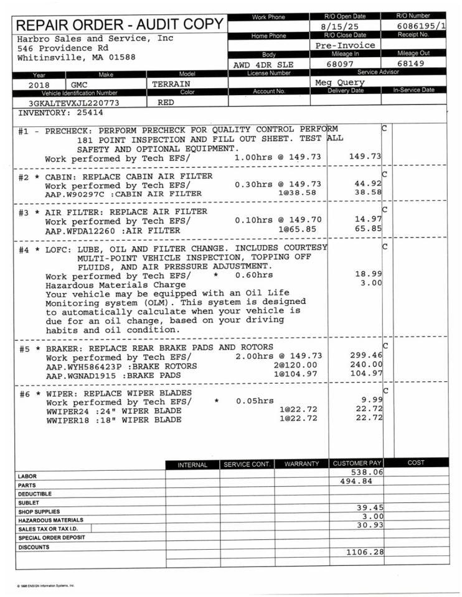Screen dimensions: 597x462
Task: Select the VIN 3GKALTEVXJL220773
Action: [x=74, y=103]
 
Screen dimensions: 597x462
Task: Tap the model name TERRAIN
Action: [x=171, y=83]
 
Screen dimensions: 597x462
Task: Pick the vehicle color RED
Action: [x=166, y=102]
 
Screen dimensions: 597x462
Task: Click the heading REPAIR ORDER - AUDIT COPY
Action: [x=120, y=25]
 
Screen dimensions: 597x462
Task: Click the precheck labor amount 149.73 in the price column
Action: [x=365, y=157]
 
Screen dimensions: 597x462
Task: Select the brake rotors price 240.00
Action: [x=366, y=365]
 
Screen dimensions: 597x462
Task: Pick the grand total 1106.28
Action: [x=364, y=551]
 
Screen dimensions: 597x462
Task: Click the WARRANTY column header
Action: [x=301, y=464]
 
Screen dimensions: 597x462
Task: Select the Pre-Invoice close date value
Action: [x=345, y=45]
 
